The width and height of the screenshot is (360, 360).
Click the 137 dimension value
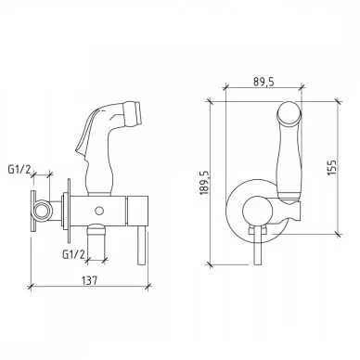coord(90,280)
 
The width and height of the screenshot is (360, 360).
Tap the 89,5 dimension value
coord(264,82)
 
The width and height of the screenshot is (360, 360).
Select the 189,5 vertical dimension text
coord(204,183)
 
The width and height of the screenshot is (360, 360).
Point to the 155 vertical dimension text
coord(331,167)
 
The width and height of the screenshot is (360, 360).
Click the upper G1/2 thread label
coord(20,170)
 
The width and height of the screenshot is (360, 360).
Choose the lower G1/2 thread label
coord(73,254)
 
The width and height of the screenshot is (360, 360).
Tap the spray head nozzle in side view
coord(134,111)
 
